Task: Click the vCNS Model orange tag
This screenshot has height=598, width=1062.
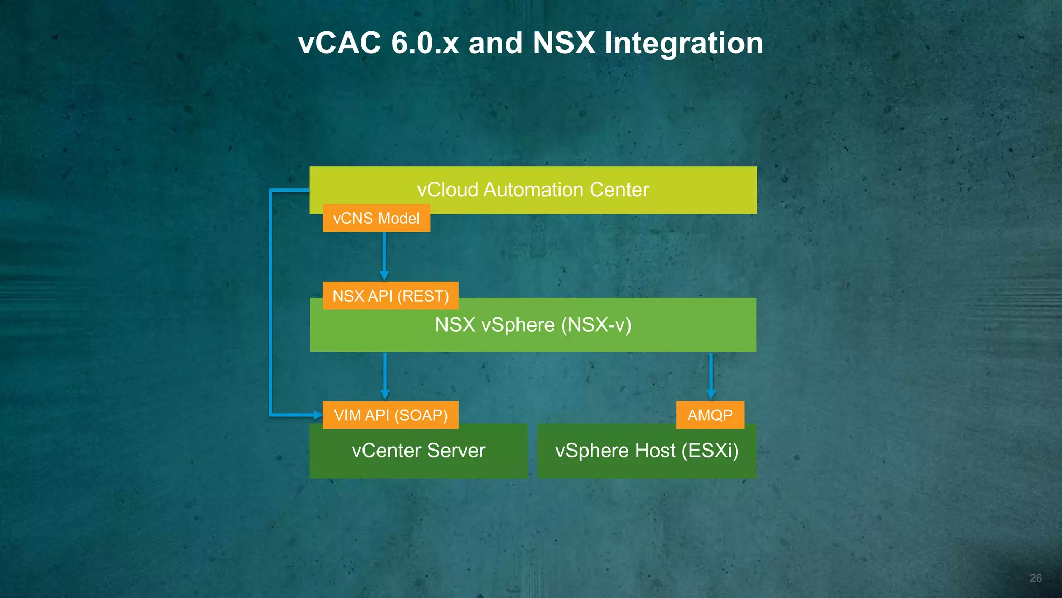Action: [376, 218]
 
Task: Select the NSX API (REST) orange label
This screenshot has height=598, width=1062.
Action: [390, 296]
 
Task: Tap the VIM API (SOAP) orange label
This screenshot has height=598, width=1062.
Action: [390, 415]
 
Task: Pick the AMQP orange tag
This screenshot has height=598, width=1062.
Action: [710, 415]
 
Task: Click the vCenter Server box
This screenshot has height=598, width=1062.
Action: [418, 457]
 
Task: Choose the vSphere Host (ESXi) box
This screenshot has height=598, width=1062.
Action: [647, 457]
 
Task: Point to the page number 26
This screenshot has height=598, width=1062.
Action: [1036, 578]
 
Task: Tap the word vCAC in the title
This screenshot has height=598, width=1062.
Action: [340, 43]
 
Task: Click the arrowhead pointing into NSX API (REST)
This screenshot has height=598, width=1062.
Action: [384, 275]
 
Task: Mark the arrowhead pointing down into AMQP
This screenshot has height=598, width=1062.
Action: [711, 395]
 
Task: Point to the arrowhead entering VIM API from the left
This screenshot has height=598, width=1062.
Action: [317, 415]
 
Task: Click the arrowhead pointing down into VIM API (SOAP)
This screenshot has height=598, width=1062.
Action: [385, 395]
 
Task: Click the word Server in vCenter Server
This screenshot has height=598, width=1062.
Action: [456, 451]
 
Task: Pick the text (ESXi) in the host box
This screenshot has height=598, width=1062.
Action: [710, 451]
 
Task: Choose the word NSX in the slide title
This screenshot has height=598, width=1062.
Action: [564, 43]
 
